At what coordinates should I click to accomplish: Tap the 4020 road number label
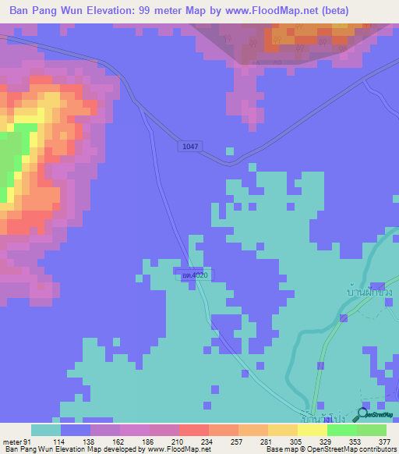tap(194, 275)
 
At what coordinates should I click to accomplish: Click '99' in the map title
tap(154, 10)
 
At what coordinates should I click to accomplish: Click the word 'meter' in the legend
tap(11, 442)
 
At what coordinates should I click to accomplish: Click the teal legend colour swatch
tap(45, 430)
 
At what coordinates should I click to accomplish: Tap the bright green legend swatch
tap(341, 430)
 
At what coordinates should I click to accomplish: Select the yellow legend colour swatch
tap(282, 430)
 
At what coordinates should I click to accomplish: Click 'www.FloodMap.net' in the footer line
tap(179, 449)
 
